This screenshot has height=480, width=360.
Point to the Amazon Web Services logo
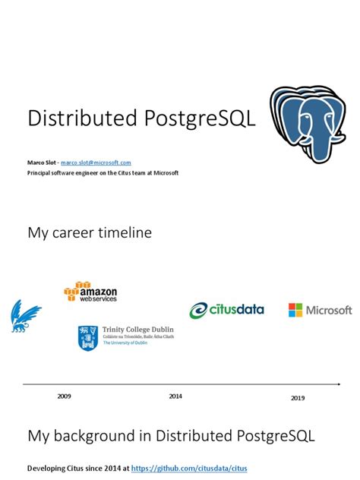(x=90, y=292)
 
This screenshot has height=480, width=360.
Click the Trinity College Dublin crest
(x=87, y=337)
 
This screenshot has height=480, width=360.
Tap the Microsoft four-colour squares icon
(x=295, y=310)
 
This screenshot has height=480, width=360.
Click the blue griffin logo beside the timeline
(x=25, y=315)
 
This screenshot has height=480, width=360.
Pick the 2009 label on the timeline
(x=65, y=396)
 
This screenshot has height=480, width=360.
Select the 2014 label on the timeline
(x=175, y=396)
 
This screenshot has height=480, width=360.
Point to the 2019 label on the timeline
(x=298, y=398)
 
